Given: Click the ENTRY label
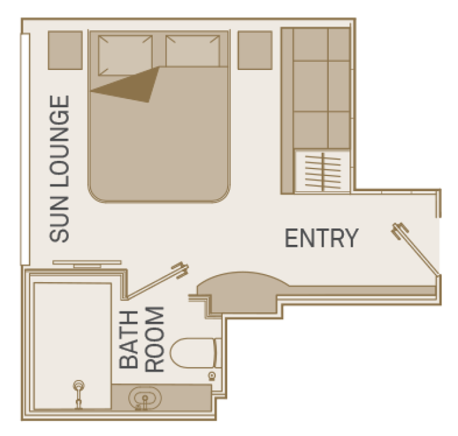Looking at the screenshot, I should click(321, 239).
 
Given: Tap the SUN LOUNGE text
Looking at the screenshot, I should click(59, 169).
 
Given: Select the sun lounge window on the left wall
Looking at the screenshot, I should click(25, 148).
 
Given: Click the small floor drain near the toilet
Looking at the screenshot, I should click(212, 376).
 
